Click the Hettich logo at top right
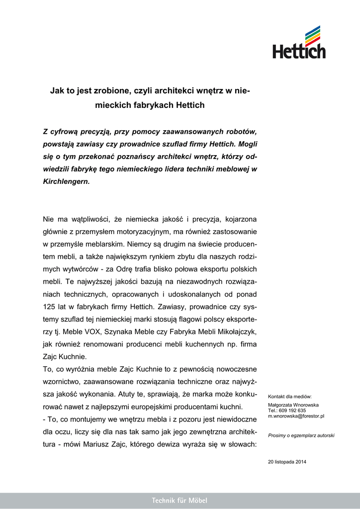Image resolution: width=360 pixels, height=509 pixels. click(x=299, y=43)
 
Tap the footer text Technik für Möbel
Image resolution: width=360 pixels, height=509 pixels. click(x=180, y=501)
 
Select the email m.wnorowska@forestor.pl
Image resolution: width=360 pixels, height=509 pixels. click(x=296, y=416)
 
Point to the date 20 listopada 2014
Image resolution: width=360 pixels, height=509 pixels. click(x=287, y=462)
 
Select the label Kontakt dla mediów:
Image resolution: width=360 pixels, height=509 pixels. click(x=290, y=397)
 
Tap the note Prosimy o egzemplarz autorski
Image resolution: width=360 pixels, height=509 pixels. click(x=301, y=435)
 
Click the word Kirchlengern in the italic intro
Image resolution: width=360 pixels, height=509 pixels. click(x=66, y=182)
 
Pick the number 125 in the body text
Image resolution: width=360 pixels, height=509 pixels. click(x=51, y=306)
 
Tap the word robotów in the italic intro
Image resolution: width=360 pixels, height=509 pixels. click(x=240, y=132)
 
